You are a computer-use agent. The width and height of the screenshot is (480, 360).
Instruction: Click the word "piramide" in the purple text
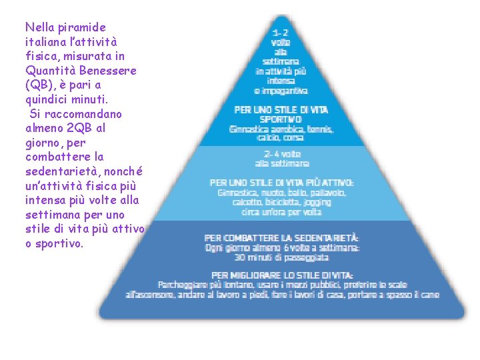(83, 27)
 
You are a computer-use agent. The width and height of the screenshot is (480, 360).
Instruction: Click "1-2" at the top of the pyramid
(281, 32)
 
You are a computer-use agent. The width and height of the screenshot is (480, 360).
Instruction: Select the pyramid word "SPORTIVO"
(281, 119)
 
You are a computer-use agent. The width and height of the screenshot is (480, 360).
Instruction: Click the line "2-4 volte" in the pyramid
(281, 152)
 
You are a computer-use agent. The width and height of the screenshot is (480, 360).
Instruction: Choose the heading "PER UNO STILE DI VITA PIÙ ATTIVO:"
(281, 183)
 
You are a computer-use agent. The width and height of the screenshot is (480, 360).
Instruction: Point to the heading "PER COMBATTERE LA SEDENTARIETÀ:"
(281, 237)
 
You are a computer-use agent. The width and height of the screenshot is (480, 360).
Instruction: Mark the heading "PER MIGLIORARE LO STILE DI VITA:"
(282, 275)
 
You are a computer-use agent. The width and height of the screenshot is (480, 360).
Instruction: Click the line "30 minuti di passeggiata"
(282, 257)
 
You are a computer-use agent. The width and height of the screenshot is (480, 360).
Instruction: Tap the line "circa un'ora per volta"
(281, 212)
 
